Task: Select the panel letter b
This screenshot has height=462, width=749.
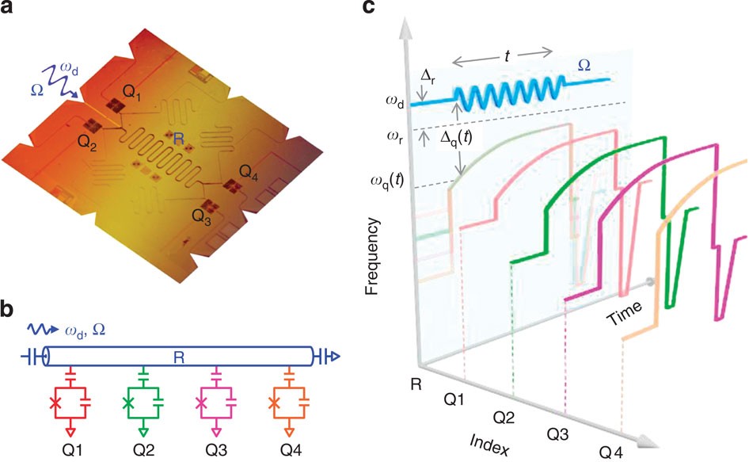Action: tap(10, 309)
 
